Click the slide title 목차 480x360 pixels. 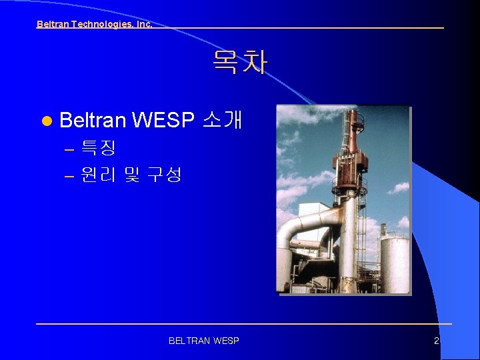pos(239,63)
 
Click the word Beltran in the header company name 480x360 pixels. pos(51,24)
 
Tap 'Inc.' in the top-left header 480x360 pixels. pos(143,24)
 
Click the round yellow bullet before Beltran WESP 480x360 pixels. pos(45,121)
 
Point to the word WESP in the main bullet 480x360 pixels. pos(163,121)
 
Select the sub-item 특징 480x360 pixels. pos(98,148)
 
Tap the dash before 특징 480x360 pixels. pos(69,149)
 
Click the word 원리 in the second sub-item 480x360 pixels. pos(97,175)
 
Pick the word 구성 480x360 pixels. pos(164,175)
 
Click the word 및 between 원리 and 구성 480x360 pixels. pos(131,175)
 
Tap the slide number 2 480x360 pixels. pos(436,341)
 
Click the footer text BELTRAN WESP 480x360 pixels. pos(204,341)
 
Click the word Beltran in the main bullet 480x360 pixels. pos(93,121)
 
